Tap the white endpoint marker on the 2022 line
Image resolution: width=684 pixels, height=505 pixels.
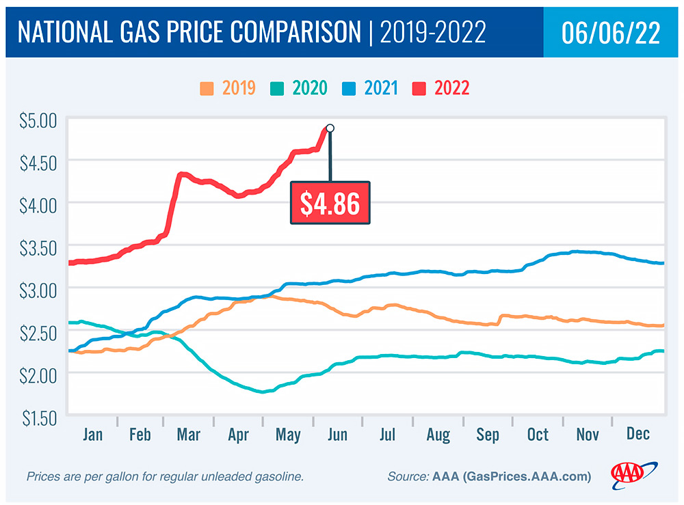[330, 128]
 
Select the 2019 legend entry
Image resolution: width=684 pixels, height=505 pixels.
[228, 88]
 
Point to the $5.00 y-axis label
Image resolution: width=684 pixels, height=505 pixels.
[38, 121]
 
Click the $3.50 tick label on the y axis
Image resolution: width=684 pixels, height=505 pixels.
[38, 246]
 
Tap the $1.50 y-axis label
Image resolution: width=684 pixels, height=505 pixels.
[38, 415]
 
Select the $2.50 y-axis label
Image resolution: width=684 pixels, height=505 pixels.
[38, 331]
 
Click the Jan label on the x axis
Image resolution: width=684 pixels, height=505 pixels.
[92, 435]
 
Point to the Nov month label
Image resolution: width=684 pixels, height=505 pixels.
[588, 435]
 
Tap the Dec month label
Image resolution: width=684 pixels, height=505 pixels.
[637, 435]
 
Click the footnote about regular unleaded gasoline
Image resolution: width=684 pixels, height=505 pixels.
[164, 476]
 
